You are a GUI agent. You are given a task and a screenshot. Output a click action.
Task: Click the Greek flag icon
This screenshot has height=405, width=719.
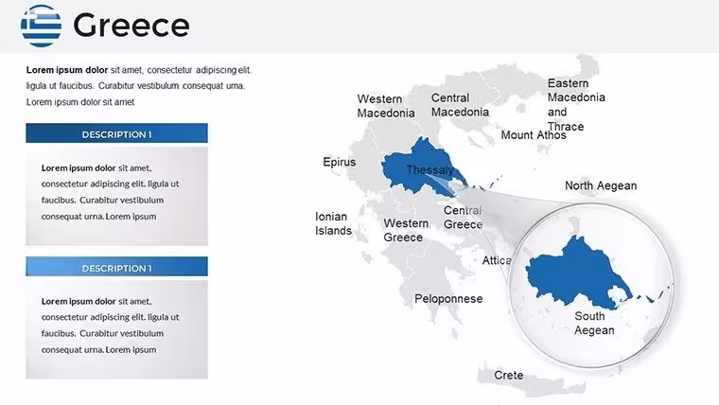point(41,26)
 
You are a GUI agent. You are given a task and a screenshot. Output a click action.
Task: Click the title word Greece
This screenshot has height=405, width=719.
point(132,26)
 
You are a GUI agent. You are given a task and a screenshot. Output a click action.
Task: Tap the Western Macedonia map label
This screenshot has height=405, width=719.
point(386,106)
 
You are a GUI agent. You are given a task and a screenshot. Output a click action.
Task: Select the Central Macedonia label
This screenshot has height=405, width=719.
point(460,105)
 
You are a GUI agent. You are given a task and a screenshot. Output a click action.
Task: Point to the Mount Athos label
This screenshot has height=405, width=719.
point(534,135)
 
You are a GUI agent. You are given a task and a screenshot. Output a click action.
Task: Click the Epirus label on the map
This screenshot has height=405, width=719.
point(340,162)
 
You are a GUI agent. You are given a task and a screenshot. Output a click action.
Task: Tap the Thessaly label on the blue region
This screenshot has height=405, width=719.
point(430,170)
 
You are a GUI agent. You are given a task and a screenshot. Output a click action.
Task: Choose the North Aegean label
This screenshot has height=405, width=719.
point(601,185)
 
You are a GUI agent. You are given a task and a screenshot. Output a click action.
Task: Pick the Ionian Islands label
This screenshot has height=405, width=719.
point(333,223)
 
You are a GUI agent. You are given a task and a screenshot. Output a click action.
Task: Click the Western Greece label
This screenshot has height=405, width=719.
point(406,230)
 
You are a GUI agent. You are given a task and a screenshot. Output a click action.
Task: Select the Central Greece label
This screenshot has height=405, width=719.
point(464,218)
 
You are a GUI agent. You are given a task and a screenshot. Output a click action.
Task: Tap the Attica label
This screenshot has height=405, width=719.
point(497,260)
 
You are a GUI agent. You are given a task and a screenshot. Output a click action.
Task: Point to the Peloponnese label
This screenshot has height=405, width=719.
point(448,299)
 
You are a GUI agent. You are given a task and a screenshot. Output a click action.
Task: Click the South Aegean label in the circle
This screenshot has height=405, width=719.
point(594,323)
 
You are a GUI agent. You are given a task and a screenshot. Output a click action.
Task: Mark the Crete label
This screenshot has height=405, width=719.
point(509,375)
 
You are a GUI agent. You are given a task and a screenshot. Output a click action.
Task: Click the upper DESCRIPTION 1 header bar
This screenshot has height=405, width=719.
point(117,133)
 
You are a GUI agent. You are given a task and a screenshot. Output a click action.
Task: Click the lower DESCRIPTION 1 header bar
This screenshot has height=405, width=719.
point(117,267)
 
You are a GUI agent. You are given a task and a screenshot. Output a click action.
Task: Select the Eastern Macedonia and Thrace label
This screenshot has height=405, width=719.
point(576,105)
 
